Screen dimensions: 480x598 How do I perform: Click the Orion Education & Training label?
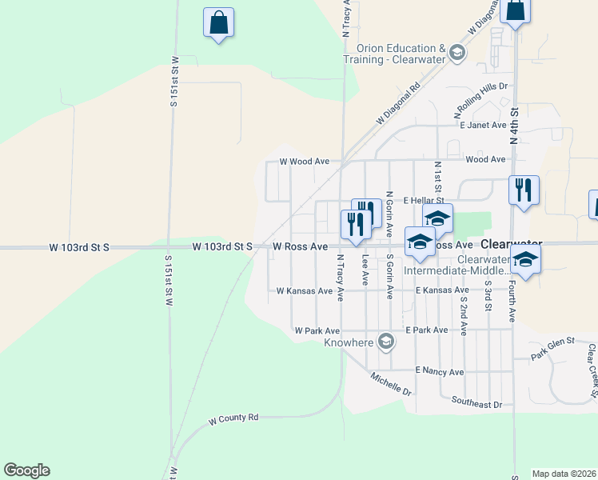point(396,54)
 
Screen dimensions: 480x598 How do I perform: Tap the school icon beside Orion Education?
point(456,54)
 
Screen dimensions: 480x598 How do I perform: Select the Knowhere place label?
point(349,343)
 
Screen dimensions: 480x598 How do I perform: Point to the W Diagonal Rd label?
point(398,105)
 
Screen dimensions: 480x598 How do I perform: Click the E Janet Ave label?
point(483,125)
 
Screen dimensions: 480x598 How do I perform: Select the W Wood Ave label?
point(305,161)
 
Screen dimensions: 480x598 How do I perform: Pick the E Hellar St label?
point(424,200)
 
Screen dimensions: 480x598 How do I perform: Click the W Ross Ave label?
point(301,247)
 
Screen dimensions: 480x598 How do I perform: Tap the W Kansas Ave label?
point(304,291)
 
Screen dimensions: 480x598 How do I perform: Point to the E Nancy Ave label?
point(440,371)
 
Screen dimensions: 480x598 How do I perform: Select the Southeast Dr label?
point(476,405)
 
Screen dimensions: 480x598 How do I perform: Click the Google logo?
point(26,470)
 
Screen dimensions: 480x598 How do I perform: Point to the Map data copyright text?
point(564,474)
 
